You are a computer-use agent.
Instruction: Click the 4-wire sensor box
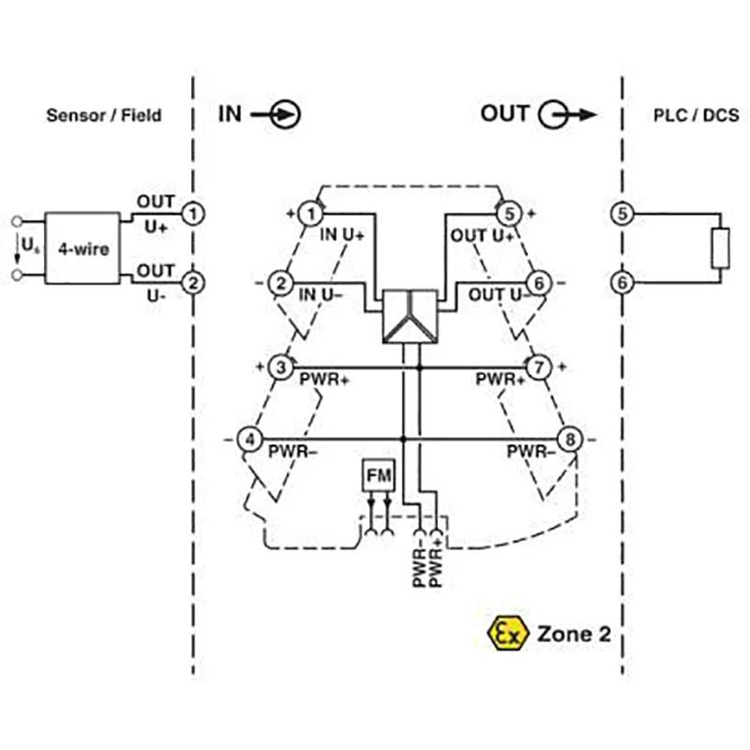(82, 248)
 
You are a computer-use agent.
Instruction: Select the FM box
(379, 476)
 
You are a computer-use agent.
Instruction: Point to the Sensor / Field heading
(104, 115)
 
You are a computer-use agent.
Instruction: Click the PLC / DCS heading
(695, 115)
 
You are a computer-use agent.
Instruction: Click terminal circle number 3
(281, 367)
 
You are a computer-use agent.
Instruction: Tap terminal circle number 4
(248, 439)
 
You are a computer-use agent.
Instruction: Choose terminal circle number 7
(538, 367)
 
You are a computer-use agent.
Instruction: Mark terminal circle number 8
(570, 439)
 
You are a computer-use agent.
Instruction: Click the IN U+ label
(343, 235)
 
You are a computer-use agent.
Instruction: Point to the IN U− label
(320, 294)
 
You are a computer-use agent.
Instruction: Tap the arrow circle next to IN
(285, 115)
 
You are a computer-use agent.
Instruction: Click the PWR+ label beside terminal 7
(500, 380)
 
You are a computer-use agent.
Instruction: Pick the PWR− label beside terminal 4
(292, 452)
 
